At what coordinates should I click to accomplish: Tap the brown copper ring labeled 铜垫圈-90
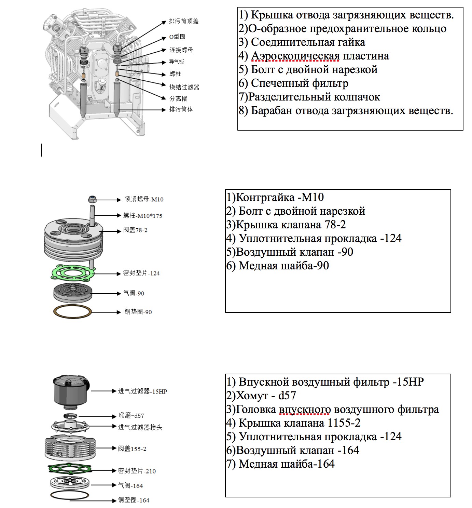72,312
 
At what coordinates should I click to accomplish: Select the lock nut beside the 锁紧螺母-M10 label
92,199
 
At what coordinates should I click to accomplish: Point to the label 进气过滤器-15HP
142,391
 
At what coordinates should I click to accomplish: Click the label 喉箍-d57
131,415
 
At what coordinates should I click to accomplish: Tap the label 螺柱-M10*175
143,216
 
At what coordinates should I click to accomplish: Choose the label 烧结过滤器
184,87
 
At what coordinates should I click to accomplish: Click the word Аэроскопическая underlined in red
295,56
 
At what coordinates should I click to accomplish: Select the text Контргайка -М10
275,197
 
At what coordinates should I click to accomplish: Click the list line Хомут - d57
261,396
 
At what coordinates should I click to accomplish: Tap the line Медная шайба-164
280,464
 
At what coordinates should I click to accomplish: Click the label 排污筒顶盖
183,21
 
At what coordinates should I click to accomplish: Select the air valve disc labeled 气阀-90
72,293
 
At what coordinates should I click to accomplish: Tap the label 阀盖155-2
132,449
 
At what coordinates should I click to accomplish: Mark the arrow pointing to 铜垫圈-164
93,500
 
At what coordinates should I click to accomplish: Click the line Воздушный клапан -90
290,252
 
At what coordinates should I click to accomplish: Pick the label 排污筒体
181,109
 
